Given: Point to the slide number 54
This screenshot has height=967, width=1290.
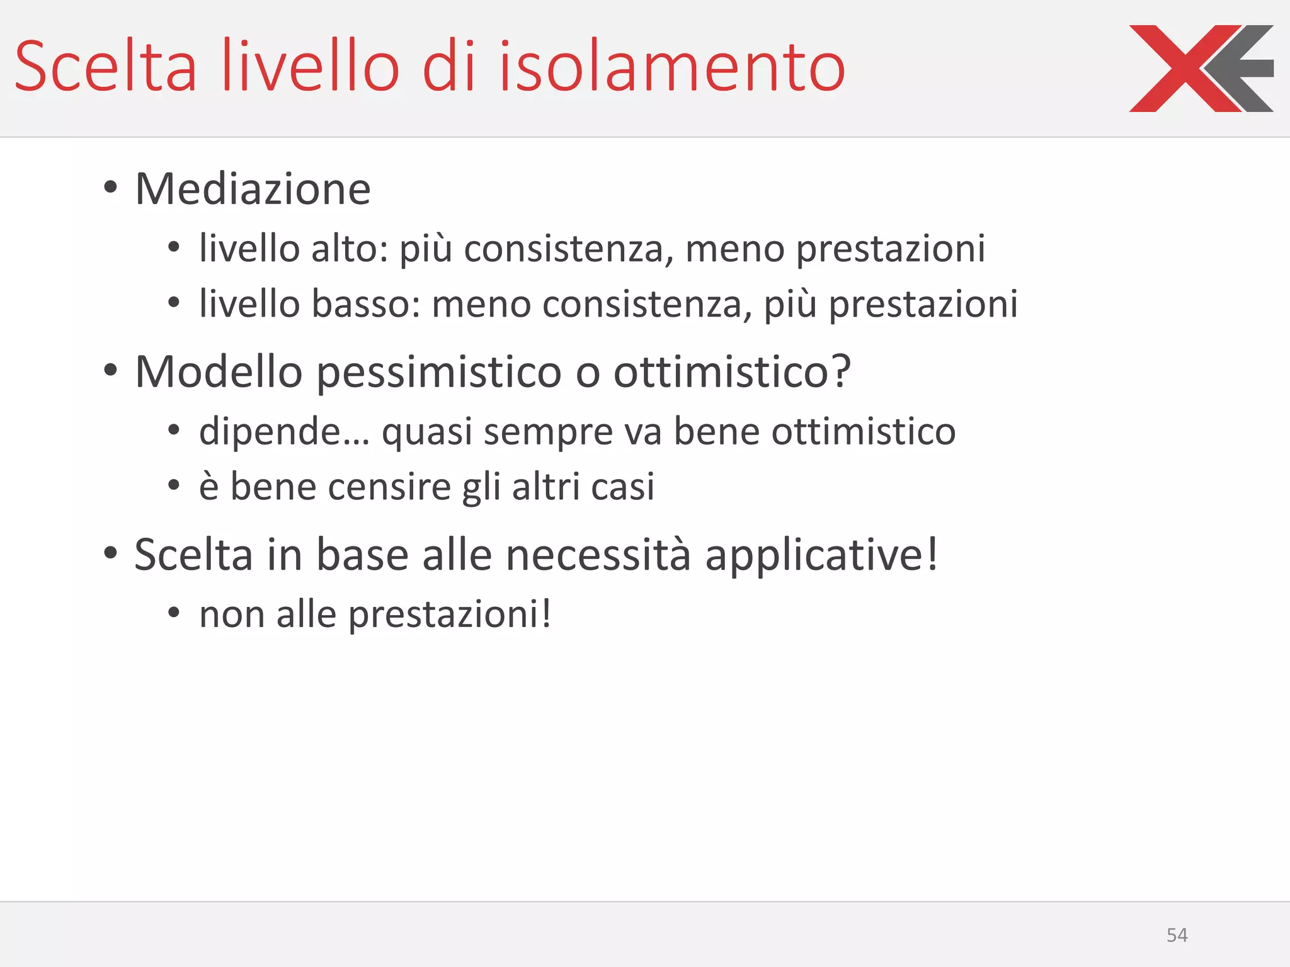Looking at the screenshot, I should pos(1177,935).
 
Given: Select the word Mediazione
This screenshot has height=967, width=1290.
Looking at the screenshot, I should pos(253,189).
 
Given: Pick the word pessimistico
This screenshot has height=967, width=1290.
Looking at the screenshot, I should pos(438,371).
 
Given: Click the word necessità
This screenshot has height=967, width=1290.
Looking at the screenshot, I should pos(598,555).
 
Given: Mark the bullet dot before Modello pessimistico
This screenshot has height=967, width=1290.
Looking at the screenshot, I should pos(111,370).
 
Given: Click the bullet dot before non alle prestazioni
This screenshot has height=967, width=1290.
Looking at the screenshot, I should pos(174,612).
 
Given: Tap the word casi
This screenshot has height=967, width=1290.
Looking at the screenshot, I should pos(622,487).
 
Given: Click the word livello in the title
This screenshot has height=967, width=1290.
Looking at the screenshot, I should pos(311,67).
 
